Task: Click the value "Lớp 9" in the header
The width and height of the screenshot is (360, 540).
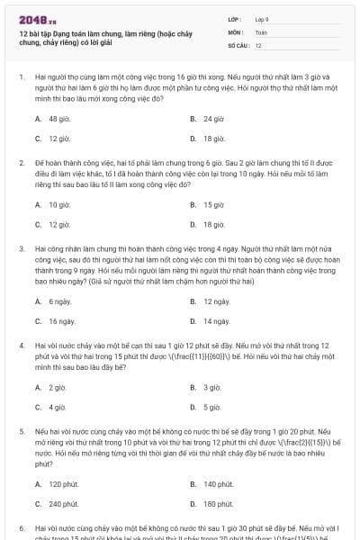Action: click(263, 18)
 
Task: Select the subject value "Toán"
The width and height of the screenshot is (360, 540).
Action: click(261, 31)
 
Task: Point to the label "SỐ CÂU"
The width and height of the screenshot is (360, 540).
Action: click(237, 44)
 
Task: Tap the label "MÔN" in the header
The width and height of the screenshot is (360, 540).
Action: click(235, 31)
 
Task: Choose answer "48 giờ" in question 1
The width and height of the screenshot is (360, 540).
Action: click(58, 119)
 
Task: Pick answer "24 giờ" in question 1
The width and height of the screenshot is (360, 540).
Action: click(213, 119)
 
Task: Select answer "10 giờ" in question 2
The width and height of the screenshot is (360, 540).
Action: click(58, 204)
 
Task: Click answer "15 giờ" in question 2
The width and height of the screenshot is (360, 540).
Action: click(213, 204)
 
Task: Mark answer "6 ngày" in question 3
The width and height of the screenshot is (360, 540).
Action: click(59, 301)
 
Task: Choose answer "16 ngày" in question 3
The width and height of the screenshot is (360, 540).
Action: click(61, 320)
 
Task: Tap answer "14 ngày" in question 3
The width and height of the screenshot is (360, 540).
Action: click(216, 320)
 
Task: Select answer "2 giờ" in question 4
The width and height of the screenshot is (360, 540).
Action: click(57, 387)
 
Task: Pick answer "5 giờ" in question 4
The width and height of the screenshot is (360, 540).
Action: click(211, 407)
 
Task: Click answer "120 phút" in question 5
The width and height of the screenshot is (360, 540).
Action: click(63, 483)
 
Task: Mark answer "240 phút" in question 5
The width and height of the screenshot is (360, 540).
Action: click(63, 504)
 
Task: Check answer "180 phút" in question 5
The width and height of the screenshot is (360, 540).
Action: click(218, 504)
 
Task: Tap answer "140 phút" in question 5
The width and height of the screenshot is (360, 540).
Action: click(218, 483)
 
